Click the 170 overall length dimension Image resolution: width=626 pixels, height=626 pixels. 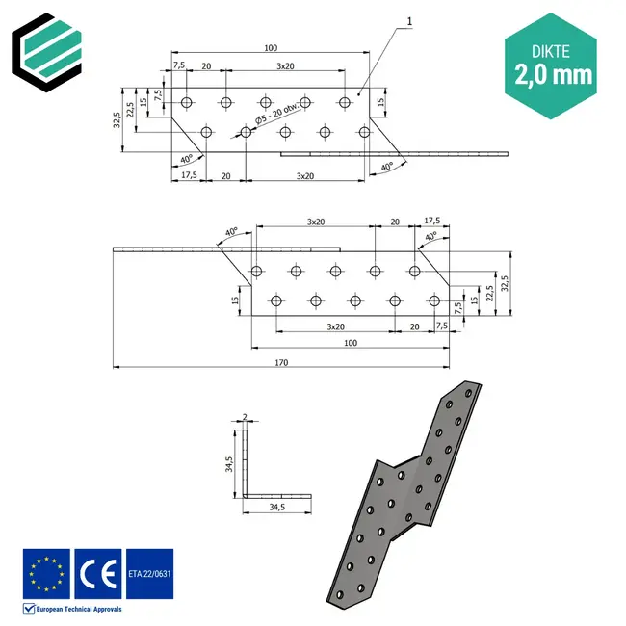[x=280, y=363]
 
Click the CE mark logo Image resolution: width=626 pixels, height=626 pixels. [x=97, y=574]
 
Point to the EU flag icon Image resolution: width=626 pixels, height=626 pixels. [x=46, y=574]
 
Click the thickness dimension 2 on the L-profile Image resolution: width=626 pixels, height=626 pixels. [x=246, y=416]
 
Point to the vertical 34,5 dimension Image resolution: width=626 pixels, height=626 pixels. [x=229, y=465]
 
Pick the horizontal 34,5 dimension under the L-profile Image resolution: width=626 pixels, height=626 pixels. [x=278, y=507]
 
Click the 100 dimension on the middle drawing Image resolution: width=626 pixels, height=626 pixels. [x=350, y=343]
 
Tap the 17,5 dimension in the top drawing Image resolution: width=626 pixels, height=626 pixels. [x=190, y=175]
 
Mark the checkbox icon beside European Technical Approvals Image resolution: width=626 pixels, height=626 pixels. [x=29, y=609]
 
